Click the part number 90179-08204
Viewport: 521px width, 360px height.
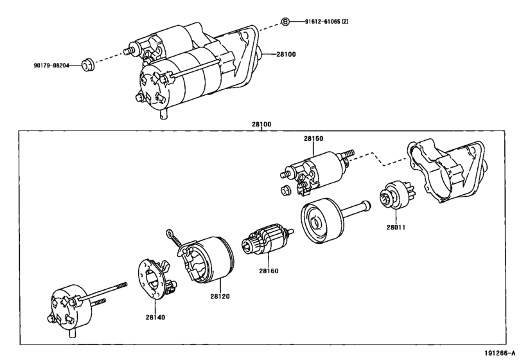pos(51,66)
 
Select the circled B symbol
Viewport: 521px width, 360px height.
pos(285,22)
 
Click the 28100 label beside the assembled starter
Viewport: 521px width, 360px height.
pos(286,54)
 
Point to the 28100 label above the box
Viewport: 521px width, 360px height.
pos(261,124)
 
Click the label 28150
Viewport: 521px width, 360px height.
pos(313,139)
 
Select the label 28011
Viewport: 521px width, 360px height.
pos(396,228)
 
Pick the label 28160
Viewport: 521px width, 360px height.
pos(269,271)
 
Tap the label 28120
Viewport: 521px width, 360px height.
pos(220,296)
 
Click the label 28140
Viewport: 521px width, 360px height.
pos(155,318)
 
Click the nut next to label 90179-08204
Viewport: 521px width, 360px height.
pos(88,64)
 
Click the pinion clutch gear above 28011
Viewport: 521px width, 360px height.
pos(395,195)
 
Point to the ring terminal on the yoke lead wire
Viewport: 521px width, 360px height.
pos(170,233)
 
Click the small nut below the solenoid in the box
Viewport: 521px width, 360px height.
pos(285,191)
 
